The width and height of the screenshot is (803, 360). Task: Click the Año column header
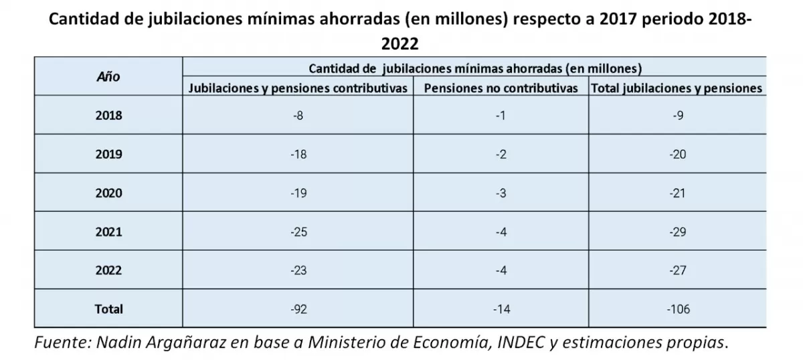click(108, 77)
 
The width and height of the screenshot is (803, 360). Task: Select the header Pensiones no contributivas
click(501, 88)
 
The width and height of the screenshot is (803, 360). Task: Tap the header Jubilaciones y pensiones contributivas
click(298, 88)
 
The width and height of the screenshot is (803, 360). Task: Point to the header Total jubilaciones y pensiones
click(676, 88)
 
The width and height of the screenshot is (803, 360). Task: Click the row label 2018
click(108, 115)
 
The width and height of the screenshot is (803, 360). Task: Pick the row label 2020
click(108, 193)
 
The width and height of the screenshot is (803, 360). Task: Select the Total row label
click(108, 309)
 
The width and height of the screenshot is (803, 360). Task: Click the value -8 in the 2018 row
click(298, 115)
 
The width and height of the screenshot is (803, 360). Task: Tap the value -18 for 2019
click(298, 154)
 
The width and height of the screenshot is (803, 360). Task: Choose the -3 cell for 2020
click(501, 193)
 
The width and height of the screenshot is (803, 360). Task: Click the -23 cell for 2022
click(298, 270)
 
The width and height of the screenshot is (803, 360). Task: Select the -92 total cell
click(298, 309)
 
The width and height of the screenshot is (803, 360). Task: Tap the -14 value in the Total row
click(501, 309)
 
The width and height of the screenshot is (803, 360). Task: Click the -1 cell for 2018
click(501, 115)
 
